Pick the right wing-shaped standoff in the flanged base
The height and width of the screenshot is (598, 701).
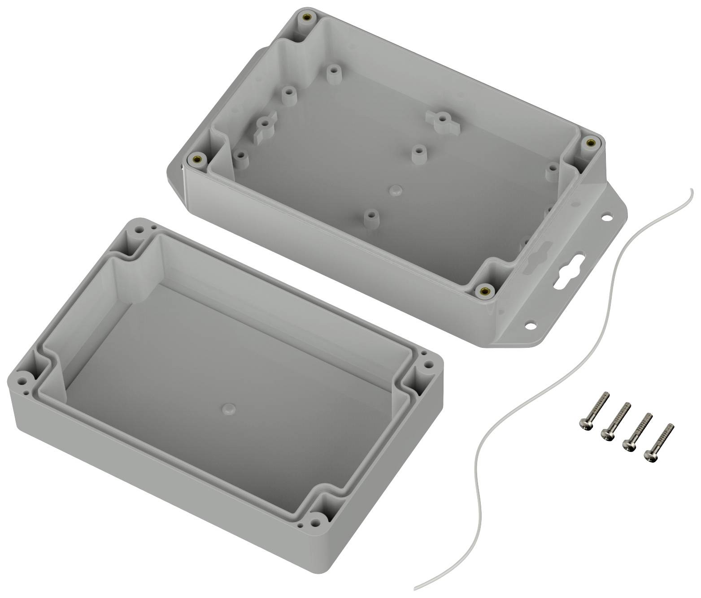(441, 118)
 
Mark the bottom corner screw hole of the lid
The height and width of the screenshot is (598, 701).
(318, 522)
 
